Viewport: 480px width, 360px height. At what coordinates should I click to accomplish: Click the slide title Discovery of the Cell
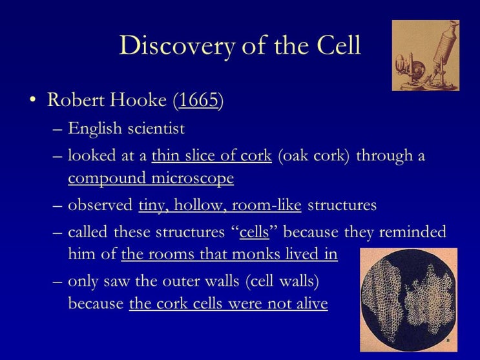pyautogui.click(x=240, y=46)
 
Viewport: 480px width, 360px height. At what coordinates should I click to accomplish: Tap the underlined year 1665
pyautogui.click(x=198, y=101)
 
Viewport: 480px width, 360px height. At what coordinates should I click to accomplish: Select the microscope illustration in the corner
pyautogui.click(x=425, y=55)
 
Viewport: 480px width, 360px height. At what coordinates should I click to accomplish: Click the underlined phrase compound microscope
pyautogui.click(x=151, y=178)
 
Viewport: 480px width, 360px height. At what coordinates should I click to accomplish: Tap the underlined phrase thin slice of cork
pyautogui.click(x=212, y=157)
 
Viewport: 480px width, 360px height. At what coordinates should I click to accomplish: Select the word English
pyautogui.click(x=94, y=129)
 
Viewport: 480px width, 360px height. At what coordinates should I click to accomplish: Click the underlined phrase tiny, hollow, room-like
pyautogui.click(x=220, y=206)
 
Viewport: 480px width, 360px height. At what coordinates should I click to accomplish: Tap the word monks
pyautogui.click(x=235, y=254)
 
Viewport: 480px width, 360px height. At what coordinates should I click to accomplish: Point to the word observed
pyautogui.click(x=101, y=206)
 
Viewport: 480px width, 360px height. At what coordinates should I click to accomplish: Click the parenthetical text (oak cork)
pyautogui.click(x=315, y=157)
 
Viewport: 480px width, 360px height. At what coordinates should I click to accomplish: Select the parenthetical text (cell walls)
pyautogui.click(x=282, y=282)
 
